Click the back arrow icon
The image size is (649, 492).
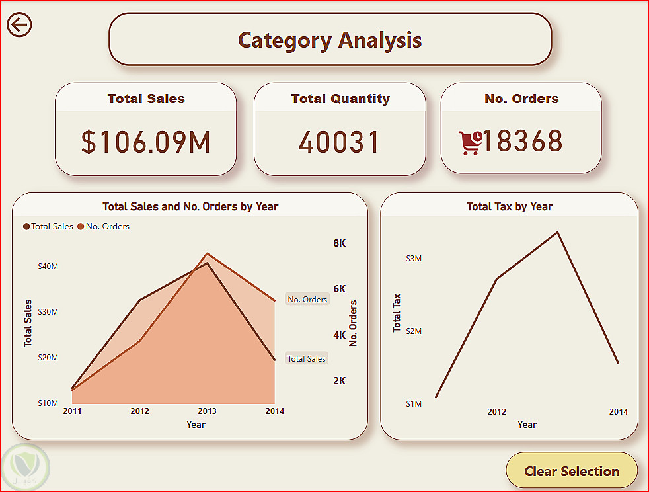pyautogui.click(x=20, y=25)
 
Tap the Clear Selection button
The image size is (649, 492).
pyautogui.click(x=572, y=471)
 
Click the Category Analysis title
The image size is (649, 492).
pyautogui.click(x=330, y=40)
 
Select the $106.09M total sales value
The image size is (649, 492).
pyautogui.click(x=145, y=142)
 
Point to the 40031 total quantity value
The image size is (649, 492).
pyautogui.click(x=340, y=142)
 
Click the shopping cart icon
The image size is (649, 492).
pyautogui.click(x=470, y=142)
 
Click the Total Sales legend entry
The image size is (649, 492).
pyautogui.click(x=48, y=226)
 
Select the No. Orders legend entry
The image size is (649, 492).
pyautogui.click(x=104, y=226)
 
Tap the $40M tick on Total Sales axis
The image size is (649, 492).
pyautogui.click(x=48, y=266)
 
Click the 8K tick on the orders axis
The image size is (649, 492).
pyautogui.click(x=339, y=243)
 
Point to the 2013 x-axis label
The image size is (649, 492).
pyautogui.click(x=208, y=411)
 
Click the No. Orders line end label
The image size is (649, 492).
pyautogui.click(x=307, y=300)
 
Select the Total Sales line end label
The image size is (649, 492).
pyautogui.click(x=306, y=358)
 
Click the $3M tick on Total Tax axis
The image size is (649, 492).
pyautogui.click(x=414, y=258)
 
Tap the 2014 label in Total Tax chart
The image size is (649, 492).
pyautogui.click(x=618, y=412)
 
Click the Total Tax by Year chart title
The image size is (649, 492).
pyautogui.click(x=509, y=206)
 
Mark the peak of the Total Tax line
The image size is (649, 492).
pyautogui.click(x=558, y=232)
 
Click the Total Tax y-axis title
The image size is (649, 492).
pyautogui.click(x=397, y=312)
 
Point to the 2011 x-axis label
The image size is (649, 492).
pyautogui.click(x=72, y=411)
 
